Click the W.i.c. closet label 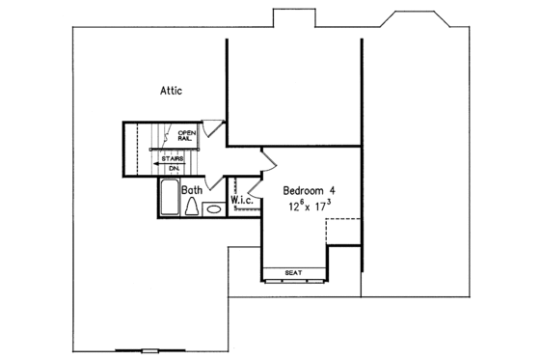point(241,200)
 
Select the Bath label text point(191,191)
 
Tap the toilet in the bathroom point(191,207)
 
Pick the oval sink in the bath point(213,207)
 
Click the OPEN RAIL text point(186,136)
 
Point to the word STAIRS point(174,158)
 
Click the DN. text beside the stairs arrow point(175,168)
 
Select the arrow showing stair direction point(159,164)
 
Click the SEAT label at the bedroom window point(293,273)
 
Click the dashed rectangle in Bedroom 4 point(343,231)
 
